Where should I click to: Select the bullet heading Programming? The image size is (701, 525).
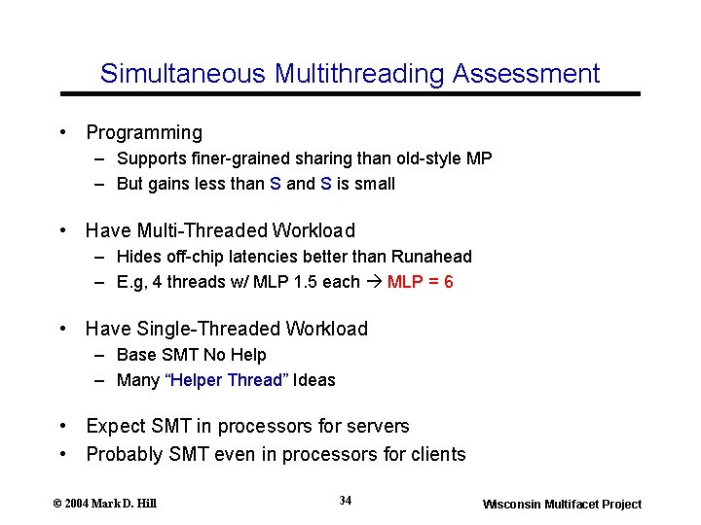tap(144, 133)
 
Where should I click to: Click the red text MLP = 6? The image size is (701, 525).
tap(420, 282)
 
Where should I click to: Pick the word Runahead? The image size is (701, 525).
tap(431, 257)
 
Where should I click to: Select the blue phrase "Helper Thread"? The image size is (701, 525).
tap(228, 380)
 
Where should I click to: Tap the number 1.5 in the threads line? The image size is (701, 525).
tap(306, 282)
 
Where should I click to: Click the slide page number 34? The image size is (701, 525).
tap(346, 501)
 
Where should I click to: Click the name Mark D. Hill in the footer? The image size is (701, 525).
tap(124, 504)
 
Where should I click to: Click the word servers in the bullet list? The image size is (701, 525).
tap(378, 426)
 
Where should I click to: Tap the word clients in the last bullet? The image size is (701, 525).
tap(439, 454)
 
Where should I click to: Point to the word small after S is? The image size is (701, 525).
tap(375, 184)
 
